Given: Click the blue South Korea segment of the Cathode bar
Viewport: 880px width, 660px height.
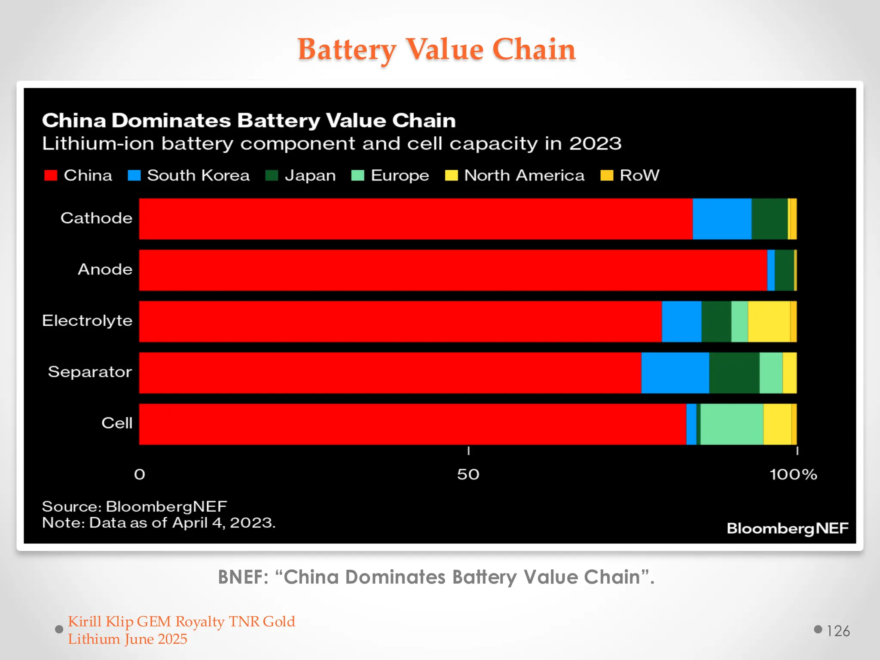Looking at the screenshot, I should point(722,219).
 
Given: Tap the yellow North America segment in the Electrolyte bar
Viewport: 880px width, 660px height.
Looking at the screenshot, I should point(769,321).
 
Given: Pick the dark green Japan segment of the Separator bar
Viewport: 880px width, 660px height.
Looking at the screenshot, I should point(734,373).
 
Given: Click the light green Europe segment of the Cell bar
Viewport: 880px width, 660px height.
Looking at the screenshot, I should point(731,424).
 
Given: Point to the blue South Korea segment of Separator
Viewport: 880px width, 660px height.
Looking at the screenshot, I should point(675,373).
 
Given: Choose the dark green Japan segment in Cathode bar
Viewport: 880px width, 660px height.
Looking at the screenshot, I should point(769,219).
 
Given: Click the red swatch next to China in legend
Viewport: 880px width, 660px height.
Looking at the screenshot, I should point(51,175).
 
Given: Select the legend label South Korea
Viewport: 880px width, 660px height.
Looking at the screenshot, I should point(198,175).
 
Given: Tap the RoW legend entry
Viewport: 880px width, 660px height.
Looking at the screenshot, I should point(639,175).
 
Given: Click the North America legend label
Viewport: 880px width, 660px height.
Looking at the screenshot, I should point(524,175).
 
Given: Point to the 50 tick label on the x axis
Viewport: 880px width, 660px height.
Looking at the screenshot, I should point(468,474).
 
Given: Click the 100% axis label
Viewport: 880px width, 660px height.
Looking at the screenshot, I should point(793,474).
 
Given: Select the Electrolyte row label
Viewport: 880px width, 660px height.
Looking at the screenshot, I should point(87,321).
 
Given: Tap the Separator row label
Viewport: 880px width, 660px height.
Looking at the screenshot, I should point(90,372).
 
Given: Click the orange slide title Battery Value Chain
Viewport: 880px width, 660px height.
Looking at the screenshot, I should point(437,49).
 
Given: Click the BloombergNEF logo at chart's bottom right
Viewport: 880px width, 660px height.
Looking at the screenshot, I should point(787,528).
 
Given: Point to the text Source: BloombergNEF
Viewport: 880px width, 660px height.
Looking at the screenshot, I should point(134,506).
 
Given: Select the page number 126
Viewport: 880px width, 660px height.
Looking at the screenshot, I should point(838,631).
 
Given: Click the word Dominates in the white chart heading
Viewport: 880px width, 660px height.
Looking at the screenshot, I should point(171,121).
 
